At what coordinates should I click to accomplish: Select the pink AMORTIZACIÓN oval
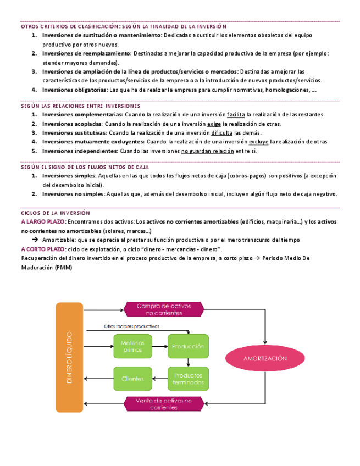[x=266, y=358]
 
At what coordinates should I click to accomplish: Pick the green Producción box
[x=188, y=347]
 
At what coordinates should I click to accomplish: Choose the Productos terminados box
[x=188, y=378]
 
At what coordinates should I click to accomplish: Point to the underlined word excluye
[x=258, y=142]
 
